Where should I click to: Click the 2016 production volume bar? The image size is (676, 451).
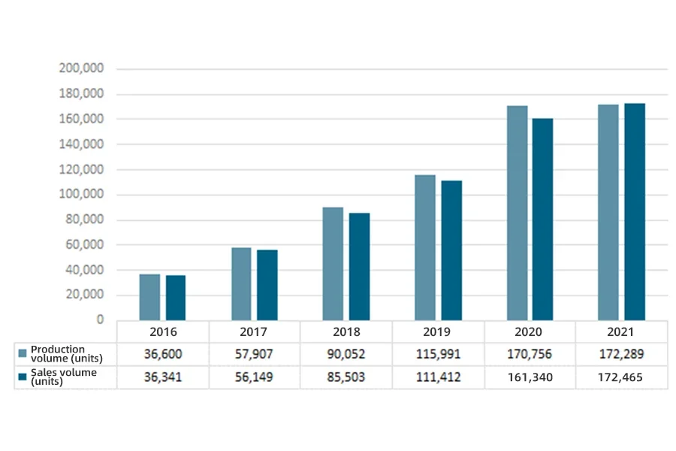click(x=149, y=297)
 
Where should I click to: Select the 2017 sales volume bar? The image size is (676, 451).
click(x=267, y=285)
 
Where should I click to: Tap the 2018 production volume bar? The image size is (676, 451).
click(x=333, y=263)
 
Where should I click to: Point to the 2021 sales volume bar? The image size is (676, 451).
click(x=635, y=211)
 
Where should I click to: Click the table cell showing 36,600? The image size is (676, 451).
click(x=163, y=354)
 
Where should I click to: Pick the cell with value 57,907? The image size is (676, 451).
click(x=254, y=354)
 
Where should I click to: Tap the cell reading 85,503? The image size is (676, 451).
click(x=346, y=377)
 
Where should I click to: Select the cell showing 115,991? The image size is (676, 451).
click(x=437, y=354)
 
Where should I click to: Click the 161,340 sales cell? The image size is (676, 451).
click(x=530, y=377)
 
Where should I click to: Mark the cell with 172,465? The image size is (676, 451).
click(x=621, y=377)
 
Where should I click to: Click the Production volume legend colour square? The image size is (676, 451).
click(x=23, y=353)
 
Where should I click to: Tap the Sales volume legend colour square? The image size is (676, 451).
click(x=23, y=376)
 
